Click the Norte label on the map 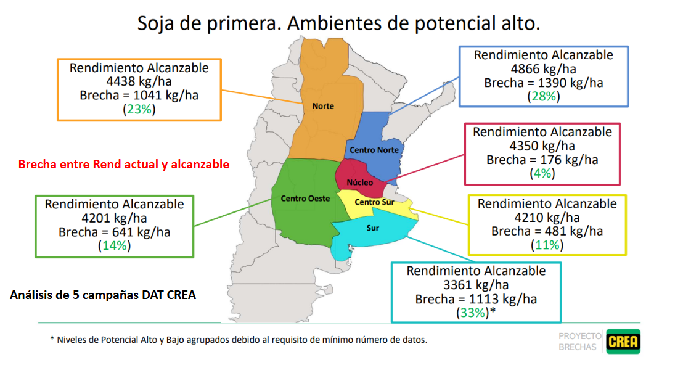[x=323, y=106]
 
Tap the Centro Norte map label [x=374, y=150]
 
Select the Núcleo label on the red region [x=360, y=183]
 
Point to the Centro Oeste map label [x=305, y=199]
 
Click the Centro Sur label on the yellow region [x=375, y=202]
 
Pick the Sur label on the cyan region [x=373, y=228]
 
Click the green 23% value [x=139, y=109]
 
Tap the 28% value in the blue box [x=543, y=96]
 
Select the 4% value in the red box [x=542, y=173]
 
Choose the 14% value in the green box [x=115, y=245]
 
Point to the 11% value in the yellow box [x=547, y=245]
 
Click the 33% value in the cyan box [x=472, y=313]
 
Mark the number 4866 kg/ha [x=543, y=69]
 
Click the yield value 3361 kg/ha [x=476, y=285]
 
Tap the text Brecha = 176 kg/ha [x=542, y=160]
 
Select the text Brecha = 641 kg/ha [x=115, y=232]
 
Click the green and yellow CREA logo [x=623, y=341]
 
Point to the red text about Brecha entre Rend [x=124, y=165]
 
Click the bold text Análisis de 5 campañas [x=103, y=295]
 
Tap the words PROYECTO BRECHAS [x=579, y=342]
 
